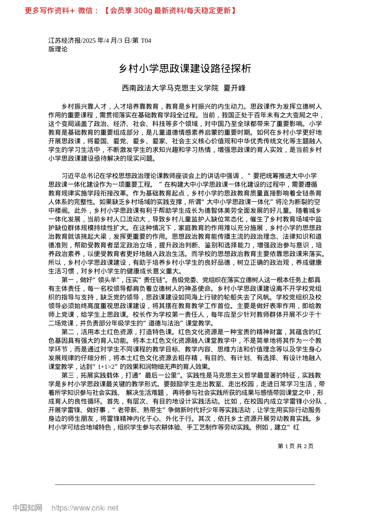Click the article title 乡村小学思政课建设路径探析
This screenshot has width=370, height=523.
[185, 69]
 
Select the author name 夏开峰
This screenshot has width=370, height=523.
[234, 88]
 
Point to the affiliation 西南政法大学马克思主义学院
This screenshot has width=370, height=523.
[170, 88]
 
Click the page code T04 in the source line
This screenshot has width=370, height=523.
[146, 40]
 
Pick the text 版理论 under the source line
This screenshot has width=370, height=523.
[58, 49]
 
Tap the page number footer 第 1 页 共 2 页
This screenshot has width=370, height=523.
[295, 446]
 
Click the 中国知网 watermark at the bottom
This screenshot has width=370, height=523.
[27, 508]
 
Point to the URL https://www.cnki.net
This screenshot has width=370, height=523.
[85, 508]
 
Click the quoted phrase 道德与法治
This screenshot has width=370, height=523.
[166, 323]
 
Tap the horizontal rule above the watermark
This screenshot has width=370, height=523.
[185, 484]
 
